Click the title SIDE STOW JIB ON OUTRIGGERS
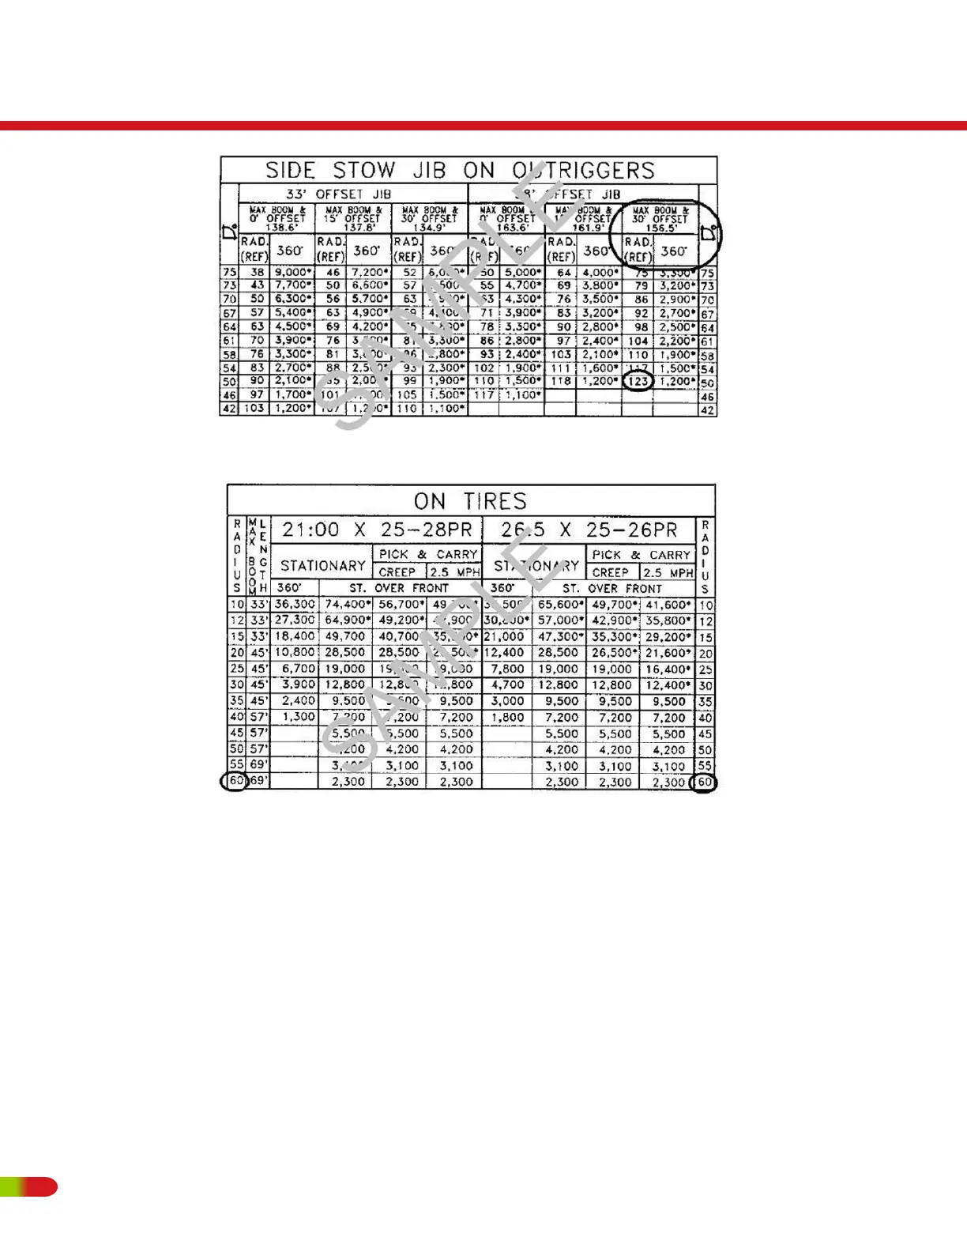460,171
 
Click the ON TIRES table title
470,501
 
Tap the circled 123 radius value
638,381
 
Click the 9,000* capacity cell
292,272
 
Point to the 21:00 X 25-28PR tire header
377,530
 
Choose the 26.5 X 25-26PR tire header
589,530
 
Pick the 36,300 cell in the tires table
295,604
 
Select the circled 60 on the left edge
235,781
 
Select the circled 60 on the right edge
704,782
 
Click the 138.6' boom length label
281,228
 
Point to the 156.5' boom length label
662,228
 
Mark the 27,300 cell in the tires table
295,620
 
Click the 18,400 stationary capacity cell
295,636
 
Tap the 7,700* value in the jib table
292,285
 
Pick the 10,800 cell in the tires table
295,652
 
